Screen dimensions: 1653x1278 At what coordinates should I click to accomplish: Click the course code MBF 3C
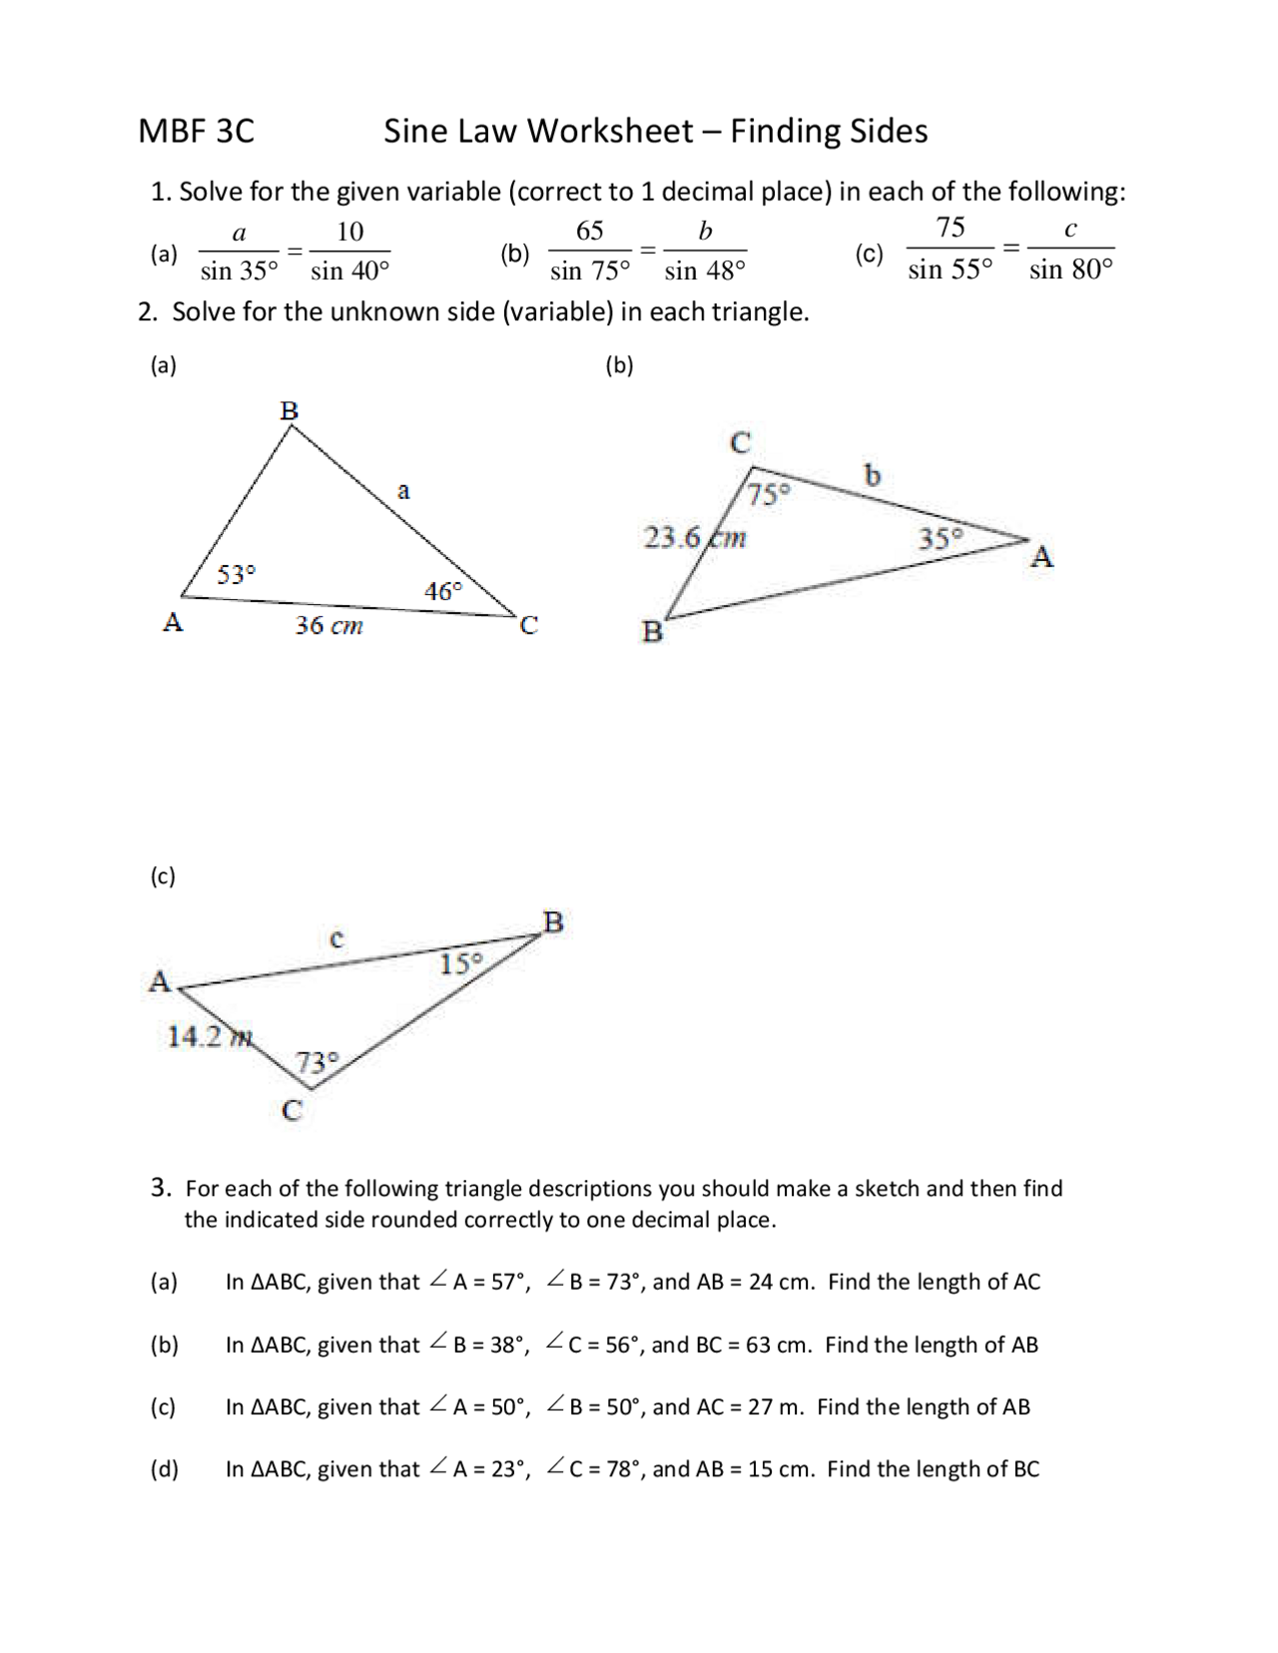tap(196, 132)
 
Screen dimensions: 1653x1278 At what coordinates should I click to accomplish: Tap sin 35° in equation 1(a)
tap(239, 271)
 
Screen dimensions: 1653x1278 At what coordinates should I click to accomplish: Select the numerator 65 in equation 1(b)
tap(589, 232)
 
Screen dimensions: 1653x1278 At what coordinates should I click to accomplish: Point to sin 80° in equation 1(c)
tap(1070, 270)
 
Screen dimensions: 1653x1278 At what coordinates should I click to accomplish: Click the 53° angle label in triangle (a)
tap(237, 575)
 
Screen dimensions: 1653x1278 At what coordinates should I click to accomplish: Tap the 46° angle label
tap(443, 591)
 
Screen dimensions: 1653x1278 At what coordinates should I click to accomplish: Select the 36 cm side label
tap(328, 626)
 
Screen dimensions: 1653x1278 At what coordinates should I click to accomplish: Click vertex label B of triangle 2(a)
tap(290, 410)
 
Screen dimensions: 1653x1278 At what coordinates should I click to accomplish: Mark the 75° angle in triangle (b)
tap(769, 494)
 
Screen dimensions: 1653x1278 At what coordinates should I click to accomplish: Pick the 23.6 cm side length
tap(694, 538)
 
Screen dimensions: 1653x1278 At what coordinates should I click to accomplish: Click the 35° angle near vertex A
tap(941, 539)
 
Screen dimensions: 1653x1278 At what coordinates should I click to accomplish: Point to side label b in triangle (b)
tap(872, 475)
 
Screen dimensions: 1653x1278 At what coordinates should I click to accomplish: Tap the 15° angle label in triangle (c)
tap(460, 964)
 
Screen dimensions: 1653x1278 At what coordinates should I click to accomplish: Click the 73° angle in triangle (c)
tap(317, 1062)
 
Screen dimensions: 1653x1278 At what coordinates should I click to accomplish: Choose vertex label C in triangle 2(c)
tap(292, 1110)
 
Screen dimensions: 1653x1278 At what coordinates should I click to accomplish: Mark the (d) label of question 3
tap(164, 1468)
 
